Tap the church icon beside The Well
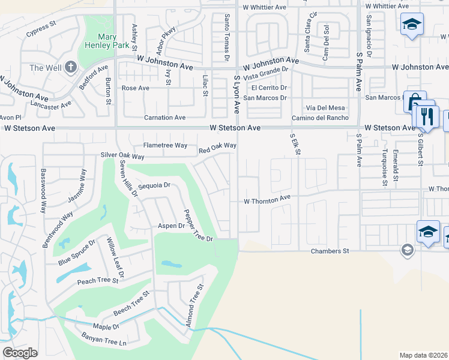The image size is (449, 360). (x=70, y=67)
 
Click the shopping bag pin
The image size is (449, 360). (x=414, y=102)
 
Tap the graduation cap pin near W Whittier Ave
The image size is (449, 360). (x=411, y=25)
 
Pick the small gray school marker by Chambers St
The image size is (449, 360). (x=408, y=250)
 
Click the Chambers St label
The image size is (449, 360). (x=330, y=251)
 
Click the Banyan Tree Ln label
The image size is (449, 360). (x=105, y=343)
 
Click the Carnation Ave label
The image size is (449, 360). (x=164, y=118)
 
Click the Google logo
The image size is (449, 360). (x=20, y=352)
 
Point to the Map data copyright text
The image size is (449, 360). (x=424, y=355)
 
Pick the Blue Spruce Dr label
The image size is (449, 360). (x=76, y=253)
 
